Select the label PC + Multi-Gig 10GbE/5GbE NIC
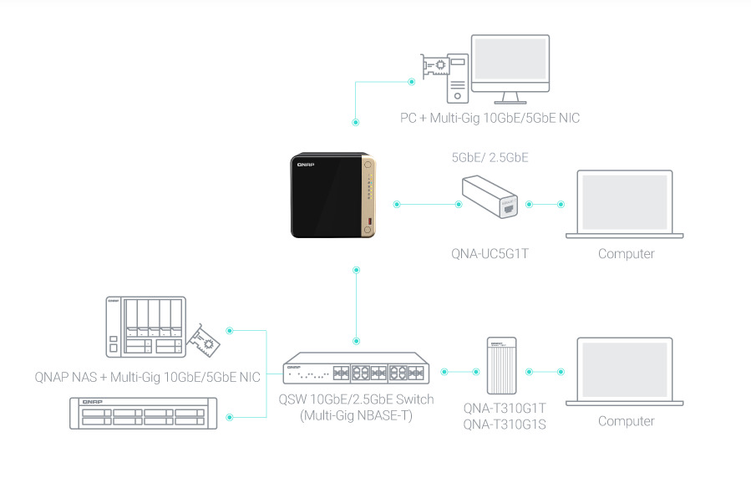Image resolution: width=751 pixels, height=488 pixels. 490,118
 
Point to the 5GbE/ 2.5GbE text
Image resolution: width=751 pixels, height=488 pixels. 490,156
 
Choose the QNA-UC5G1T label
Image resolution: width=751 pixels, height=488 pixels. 490,254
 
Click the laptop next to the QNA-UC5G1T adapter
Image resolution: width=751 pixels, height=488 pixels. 625,206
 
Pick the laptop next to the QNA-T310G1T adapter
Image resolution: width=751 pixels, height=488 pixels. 625,373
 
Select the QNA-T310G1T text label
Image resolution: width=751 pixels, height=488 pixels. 505,408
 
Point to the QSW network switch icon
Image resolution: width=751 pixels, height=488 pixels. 356,370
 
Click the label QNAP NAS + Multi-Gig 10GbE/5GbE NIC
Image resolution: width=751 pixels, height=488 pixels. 148,378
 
